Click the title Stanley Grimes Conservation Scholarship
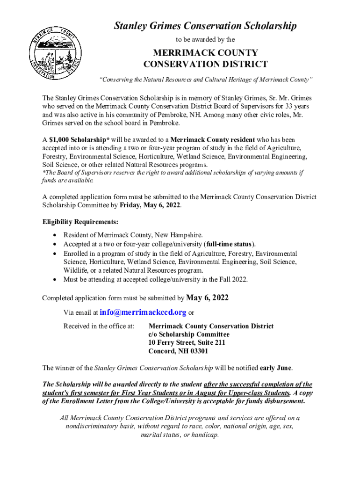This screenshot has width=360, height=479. point(205,26)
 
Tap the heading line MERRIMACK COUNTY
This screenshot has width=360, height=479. point(205,52)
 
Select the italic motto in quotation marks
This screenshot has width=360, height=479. point(205,80)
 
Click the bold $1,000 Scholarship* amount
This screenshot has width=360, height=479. point(73,140)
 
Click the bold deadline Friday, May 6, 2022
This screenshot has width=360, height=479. point(150,205)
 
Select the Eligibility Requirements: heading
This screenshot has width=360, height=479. point(80,222)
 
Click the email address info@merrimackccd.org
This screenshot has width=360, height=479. point(143,312)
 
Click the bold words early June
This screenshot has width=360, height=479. point(276,368)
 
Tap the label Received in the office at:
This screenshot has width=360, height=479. point(99,326)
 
